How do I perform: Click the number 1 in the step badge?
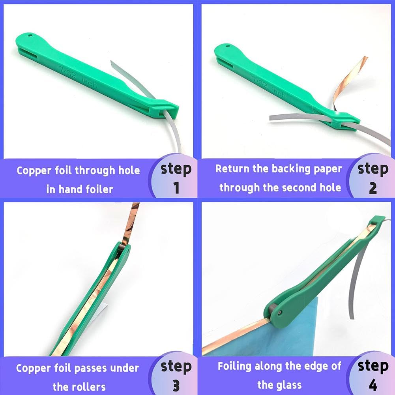176,188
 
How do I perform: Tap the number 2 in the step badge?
373,188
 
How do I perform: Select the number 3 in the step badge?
176,385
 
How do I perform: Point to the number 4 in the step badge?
373,385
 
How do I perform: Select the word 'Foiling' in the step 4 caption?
235,366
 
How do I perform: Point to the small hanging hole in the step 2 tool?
228,46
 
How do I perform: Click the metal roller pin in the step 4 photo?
279,312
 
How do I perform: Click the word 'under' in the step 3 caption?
126,368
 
